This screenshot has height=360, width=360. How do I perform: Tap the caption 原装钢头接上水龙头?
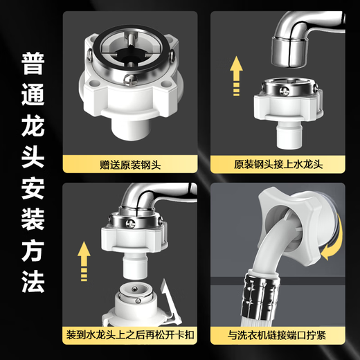[279, 165]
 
